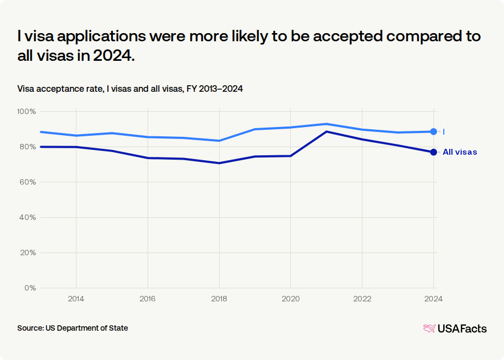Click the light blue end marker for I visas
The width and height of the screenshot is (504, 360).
point(433,131)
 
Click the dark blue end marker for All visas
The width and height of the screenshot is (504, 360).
point(433,152)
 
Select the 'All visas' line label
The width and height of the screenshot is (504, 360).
point(460,152)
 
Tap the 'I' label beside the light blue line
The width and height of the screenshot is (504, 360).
point(444,131)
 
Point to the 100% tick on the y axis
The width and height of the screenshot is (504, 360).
point(27,112)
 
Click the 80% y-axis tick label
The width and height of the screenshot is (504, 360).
point(28,147)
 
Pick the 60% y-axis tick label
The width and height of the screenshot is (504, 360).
point(28,182)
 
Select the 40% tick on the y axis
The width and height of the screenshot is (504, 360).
point(28,218)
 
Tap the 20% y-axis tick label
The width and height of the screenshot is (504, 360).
point(28,253)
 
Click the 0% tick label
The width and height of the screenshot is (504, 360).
point(30,288)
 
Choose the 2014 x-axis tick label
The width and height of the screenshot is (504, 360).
point(76,299)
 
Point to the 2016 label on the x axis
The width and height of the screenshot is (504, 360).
point(148,299)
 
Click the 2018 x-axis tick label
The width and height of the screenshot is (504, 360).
point(219,299)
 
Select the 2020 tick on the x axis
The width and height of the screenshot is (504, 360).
point(291,299)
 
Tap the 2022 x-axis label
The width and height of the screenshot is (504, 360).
point(362,299)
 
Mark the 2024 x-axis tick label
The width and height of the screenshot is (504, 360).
point(433,299)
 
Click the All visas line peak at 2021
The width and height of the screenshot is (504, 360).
point(327,131)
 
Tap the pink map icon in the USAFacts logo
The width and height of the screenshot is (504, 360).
point(430,329)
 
